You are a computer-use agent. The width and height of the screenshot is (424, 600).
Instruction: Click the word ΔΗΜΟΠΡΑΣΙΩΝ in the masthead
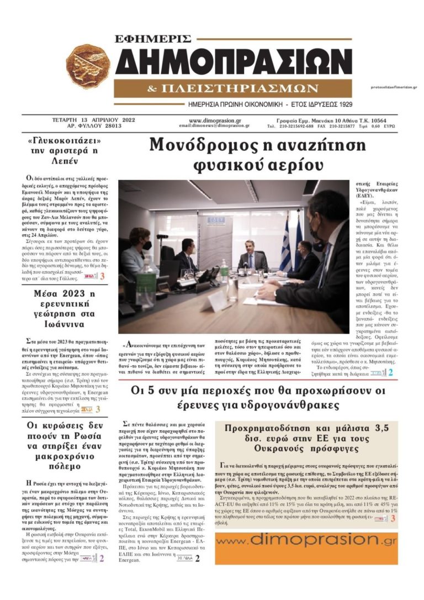234,62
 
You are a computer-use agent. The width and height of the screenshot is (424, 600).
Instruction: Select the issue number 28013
110,126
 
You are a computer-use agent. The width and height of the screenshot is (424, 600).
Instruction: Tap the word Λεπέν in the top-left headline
67,161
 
